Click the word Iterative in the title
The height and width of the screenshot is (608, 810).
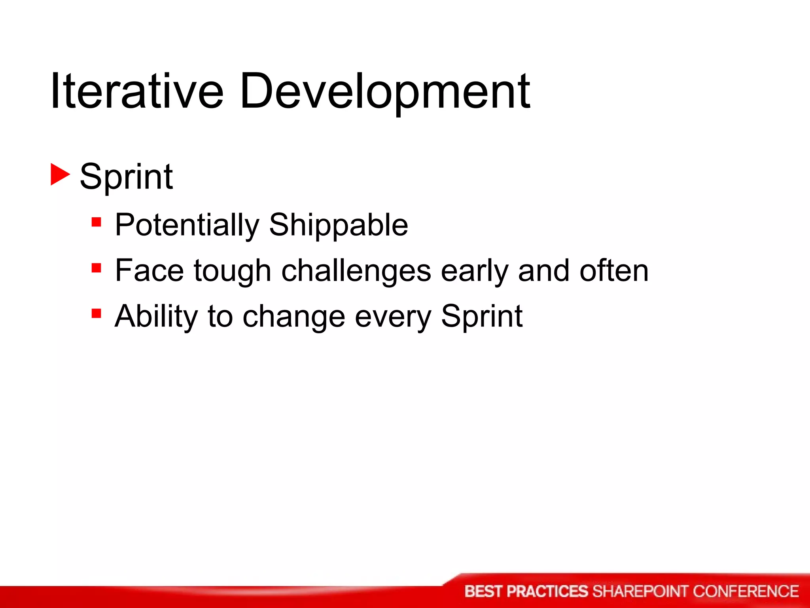pos(136,91)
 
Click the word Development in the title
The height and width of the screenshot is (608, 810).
pos(384,92)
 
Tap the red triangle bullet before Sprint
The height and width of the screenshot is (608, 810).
pos(60,175)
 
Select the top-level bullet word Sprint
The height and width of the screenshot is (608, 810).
pos(126,177)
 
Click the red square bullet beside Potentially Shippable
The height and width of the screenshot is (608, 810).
pos(96,222)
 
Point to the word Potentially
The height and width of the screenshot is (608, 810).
pos(187,225)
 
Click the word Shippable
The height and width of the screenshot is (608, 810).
pos(338,225)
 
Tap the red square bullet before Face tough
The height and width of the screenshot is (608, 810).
pos(96,268)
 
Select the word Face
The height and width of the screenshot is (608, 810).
pos(149,271)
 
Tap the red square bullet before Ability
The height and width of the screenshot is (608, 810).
pos(96,313)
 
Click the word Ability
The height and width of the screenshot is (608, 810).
pos(156,317)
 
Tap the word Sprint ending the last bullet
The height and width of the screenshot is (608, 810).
pos(481,317)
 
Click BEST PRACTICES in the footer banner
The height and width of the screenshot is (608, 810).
pos(526,591)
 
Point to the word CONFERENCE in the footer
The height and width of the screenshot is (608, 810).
pos(746,591)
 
